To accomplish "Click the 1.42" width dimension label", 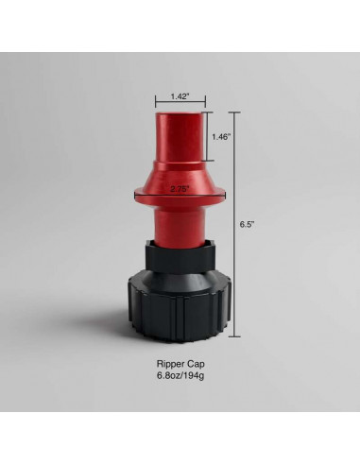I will [180, 96].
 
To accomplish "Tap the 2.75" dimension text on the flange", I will [180, 188].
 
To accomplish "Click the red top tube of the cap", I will [180, 137].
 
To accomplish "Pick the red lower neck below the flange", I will [180, 223].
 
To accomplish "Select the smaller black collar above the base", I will [180, 256].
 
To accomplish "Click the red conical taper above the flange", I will [180, 175].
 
